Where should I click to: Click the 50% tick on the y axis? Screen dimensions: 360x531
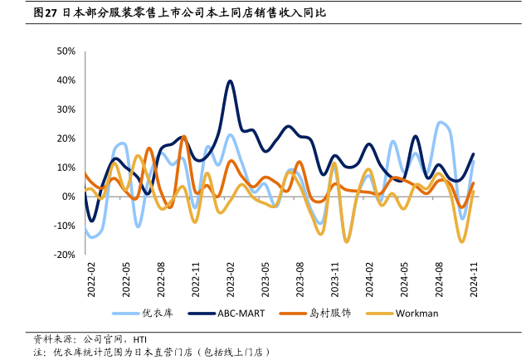66,51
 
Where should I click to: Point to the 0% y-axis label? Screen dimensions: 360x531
69,197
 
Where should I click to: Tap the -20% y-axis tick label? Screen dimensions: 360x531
64,255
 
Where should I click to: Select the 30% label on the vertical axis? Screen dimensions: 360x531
66,109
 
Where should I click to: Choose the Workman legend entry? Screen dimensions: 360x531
417,313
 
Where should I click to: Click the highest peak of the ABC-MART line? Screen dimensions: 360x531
230,80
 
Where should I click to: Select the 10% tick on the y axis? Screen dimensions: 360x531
66,168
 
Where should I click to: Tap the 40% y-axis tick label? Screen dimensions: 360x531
66,80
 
